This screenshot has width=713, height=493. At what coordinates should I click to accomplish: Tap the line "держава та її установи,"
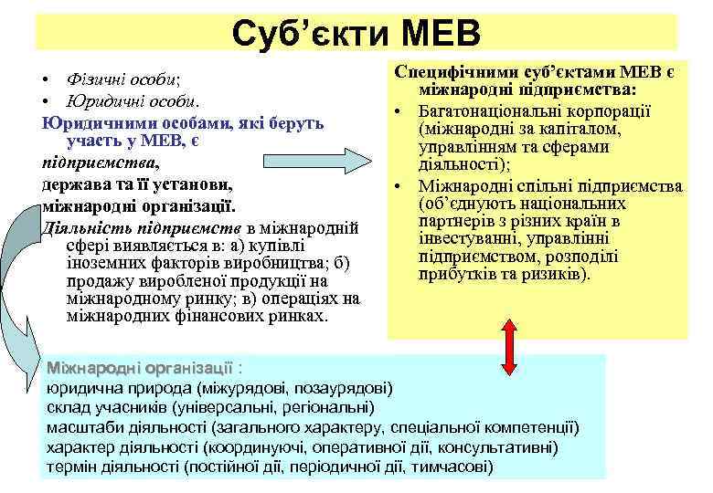pyautogui.click(x=123, y=183)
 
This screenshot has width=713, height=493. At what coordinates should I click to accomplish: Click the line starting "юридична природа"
pyautogui.click(x=219, y=386)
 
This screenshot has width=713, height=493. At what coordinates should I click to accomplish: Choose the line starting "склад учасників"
pyautogui.click(x=211, y=407)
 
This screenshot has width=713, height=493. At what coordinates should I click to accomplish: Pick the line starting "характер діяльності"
pyautogui.click(x=302, y=447)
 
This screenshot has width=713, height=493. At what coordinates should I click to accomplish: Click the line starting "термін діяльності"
pyautogui.click(x=270, y=467)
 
